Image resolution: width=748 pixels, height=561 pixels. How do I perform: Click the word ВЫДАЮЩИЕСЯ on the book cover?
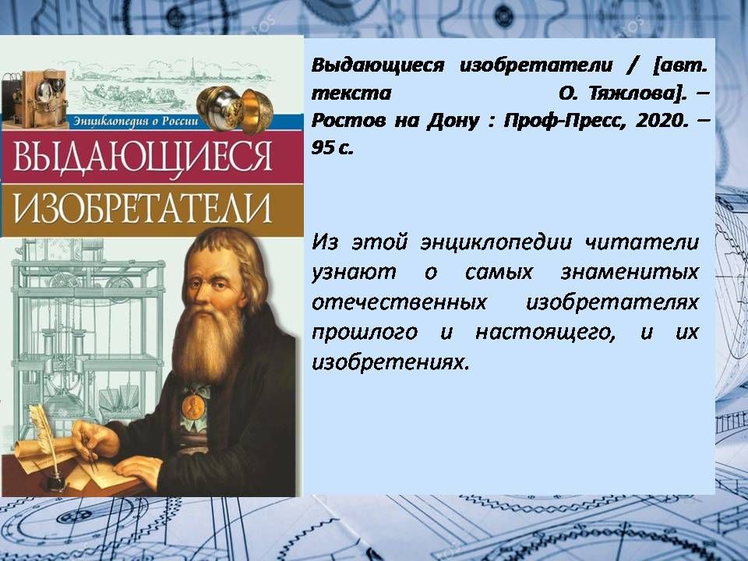[x=143, y=156]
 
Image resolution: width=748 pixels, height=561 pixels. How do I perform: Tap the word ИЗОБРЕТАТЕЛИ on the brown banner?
[x=143, y=208]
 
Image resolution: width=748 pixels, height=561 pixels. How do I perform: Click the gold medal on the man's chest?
[x=193, y=406]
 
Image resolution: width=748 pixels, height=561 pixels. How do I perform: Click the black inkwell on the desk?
[x=55, y=482]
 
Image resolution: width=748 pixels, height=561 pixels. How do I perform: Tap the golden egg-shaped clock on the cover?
[x=235, y=109]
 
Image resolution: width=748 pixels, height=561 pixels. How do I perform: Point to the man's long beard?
[x=206, y=343]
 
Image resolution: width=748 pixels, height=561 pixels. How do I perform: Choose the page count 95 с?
[x=333, y=148]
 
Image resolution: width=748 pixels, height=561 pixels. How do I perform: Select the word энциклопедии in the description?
[x=496, y=243]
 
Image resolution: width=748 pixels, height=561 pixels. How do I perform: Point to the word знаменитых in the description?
[x=630, y=273]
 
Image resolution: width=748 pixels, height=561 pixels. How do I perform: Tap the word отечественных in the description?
[x=399, y=302]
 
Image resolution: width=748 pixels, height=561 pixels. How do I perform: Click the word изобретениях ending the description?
[x=388, y=362]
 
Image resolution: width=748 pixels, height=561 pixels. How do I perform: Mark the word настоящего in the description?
[x=545, y=333]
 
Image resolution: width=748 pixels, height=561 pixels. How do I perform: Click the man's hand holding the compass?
[x=95, y=439]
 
